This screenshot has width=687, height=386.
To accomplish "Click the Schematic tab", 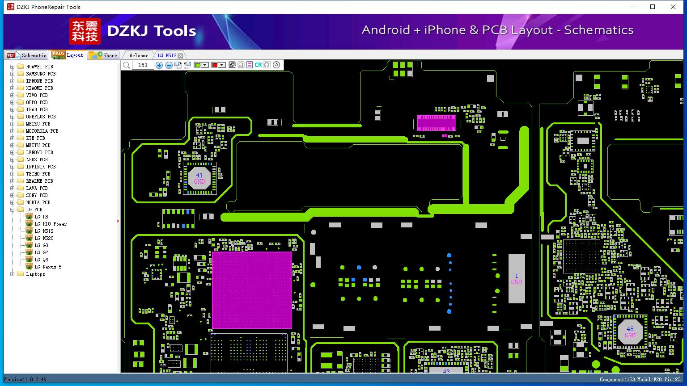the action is tap(27, 55).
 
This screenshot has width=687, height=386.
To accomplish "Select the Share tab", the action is tap(103, 55).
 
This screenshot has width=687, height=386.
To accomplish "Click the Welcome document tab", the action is tap(139, 55).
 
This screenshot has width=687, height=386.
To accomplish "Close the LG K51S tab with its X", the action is tap(181, 55).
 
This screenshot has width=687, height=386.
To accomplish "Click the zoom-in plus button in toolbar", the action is tap(159, 65).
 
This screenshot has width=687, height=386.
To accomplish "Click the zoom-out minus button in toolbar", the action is tap(169, 65).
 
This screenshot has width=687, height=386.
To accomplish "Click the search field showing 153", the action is tap(143, 65).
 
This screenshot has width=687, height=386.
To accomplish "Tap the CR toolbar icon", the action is tap(258, 65).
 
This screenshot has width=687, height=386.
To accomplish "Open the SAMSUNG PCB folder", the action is tap(41, 74).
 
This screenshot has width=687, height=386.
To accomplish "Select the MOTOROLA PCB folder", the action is tap(42, 131).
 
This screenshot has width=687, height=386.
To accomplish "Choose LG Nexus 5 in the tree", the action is tap(48, 267).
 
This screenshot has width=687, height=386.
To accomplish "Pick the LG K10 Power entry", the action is tap(50, 224).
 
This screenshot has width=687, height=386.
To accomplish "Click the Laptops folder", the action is tap(35, 274).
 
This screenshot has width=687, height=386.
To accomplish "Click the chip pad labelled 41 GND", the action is tap(199, 178).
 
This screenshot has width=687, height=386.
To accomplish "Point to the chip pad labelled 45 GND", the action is tap(630, 332).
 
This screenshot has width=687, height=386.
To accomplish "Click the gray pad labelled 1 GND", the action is tap(517, 278).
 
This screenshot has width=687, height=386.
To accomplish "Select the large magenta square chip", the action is tap(252, 290).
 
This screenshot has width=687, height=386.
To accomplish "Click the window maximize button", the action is tap(653, 7).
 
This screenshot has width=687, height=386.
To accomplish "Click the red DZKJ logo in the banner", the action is tap(85, 31).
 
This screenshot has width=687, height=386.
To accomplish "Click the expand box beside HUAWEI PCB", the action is tap(12, 67).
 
